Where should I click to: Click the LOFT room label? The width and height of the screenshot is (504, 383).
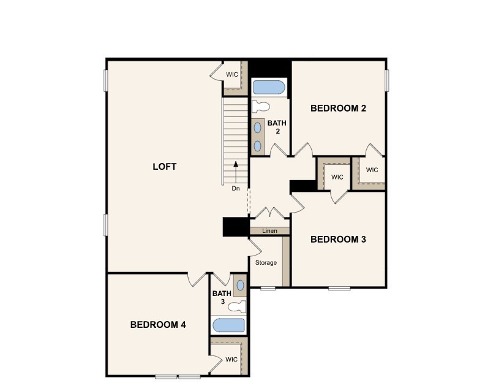(164, 167)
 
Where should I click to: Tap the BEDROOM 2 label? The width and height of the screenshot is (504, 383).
(338, 108)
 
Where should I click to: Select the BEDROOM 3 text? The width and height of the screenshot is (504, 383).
(338, 239)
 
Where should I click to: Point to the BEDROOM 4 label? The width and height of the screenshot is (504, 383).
(158, 325)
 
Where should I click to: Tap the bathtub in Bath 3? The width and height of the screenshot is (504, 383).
(228, 325)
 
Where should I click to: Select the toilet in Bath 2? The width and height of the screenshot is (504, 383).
(260, 105)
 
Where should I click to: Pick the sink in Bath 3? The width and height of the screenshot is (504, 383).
(239, 286)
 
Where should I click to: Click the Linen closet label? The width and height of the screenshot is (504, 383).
(269, 231)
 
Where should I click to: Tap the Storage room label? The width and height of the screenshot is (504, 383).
(266, 263)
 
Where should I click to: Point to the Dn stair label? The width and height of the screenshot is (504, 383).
(236, 188)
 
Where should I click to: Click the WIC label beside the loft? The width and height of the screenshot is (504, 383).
(232, 74)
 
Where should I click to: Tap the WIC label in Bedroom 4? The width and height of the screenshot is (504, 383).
(231, 360)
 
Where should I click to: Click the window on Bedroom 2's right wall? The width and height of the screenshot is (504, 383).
(387, 80)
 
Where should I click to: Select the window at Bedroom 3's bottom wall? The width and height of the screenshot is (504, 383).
(339, 287)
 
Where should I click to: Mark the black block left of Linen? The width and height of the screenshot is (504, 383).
(235, 227)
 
